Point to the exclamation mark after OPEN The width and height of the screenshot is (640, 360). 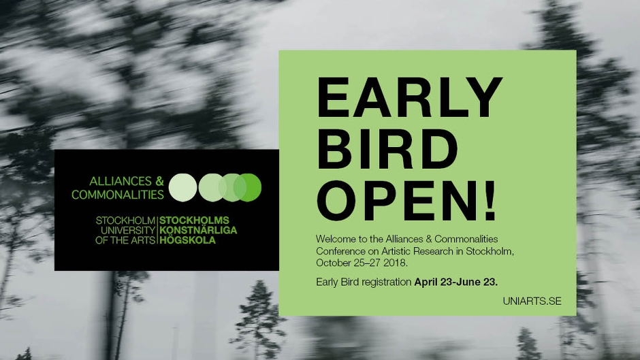490,201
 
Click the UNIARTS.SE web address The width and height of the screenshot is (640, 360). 532,301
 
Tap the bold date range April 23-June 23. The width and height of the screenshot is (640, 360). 456,282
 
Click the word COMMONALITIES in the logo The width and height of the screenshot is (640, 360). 118,195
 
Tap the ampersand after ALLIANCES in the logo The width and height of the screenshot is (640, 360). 159,181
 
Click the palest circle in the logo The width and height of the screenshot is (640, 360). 183,187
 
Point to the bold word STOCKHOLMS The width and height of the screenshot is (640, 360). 194,220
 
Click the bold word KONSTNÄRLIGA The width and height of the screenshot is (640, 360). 198,230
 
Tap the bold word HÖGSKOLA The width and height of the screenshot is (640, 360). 187,240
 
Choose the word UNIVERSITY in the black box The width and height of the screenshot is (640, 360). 128,230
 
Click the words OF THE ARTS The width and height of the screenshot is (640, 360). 125,240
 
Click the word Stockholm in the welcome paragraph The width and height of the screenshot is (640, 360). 490,251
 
